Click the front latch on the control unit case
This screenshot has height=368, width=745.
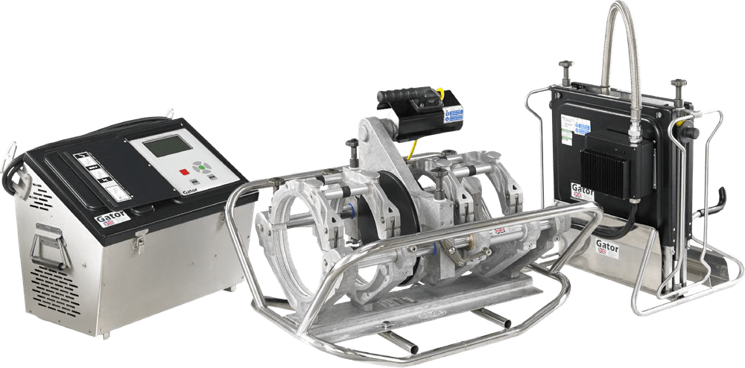(138, 240)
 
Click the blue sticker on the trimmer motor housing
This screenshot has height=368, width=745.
(453, 114)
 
